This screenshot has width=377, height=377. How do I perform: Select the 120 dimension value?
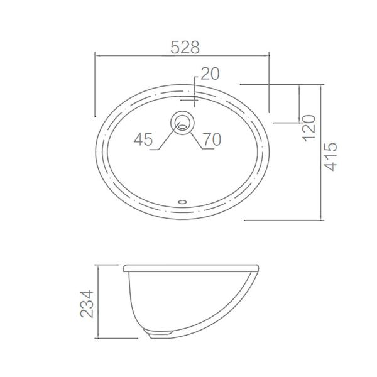[309, 128]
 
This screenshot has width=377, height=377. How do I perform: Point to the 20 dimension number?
[210, 74]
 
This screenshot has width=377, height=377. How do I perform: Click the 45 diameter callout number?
[143, 139]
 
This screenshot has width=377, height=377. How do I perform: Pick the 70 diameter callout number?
[212, 139]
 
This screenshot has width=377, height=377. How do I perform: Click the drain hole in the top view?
[182, 122]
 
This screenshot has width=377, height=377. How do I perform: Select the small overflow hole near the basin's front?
[183, 202]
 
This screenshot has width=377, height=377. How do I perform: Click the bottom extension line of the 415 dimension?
[283, 221]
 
